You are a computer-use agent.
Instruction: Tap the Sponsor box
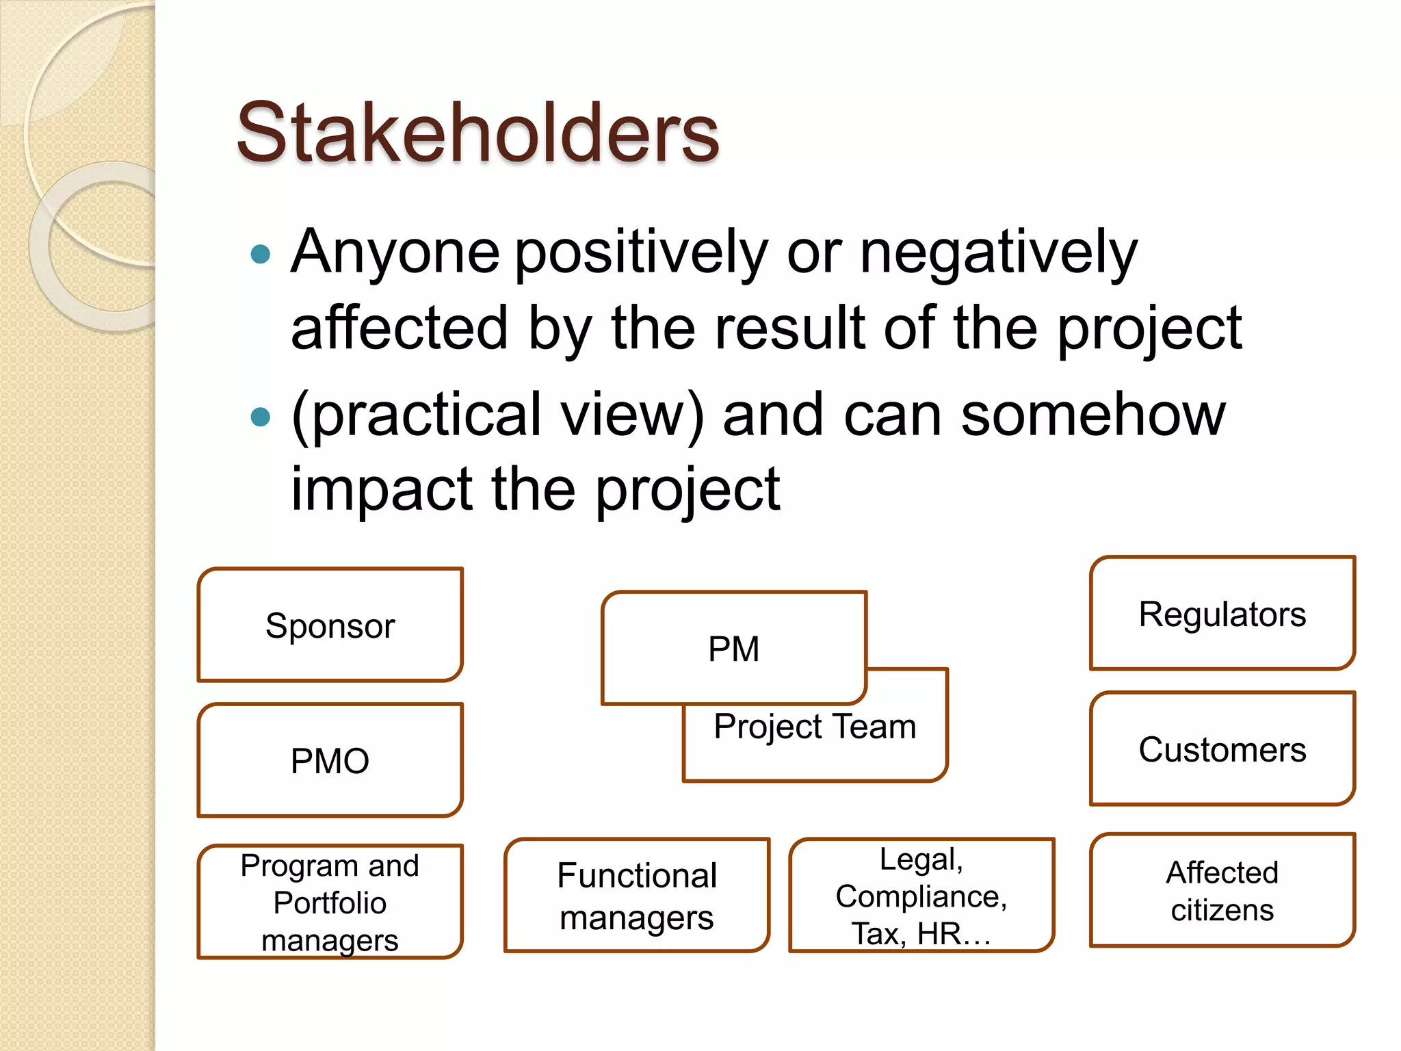tap(330, 625)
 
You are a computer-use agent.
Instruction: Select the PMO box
tap(330, 761)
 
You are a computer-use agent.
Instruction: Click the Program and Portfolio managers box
tap(330, 902)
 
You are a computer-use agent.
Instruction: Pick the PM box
tap(734, 648)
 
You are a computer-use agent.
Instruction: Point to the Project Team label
tap(815, 727)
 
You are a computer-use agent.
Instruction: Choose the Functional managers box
tap(637, 896)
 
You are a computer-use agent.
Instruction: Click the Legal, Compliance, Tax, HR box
tap(921, 896)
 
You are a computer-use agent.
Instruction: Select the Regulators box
tap(1222, 614)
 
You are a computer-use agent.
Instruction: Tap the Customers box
tap(1222, 749)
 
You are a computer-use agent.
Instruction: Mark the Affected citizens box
tap(1222, 891)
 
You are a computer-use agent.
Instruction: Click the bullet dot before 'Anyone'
tap(261, 255)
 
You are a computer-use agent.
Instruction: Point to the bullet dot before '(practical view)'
tap(261, 416)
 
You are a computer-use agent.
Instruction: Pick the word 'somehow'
tap(1093, 415)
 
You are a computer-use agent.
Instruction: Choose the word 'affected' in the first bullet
tap(400, 328)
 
